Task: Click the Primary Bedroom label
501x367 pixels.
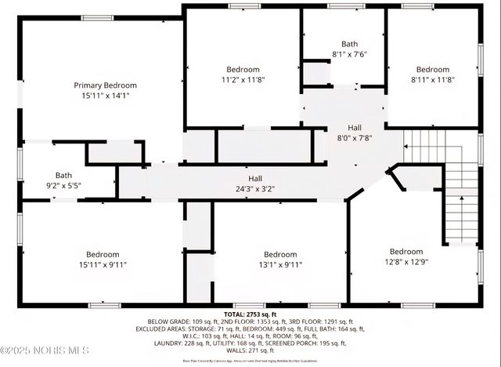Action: tap(105, 85)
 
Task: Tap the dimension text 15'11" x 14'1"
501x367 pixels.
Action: tap(105, 96)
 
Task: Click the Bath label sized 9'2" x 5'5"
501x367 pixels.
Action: tap(63, 175)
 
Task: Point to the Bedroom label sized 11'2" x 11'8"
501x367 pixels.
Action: tap(243, 69)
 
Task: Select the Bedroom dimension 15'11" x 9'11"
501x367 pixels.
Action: tap(102, 264)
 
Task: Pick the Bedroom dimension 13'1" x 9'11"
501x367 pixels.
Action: tap(279, 264)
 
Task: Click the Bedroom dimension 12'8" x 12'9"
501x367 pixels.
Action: tap(405, 262)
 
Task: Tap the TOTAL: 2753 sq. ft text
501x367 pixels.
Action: tap(250, 313)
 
